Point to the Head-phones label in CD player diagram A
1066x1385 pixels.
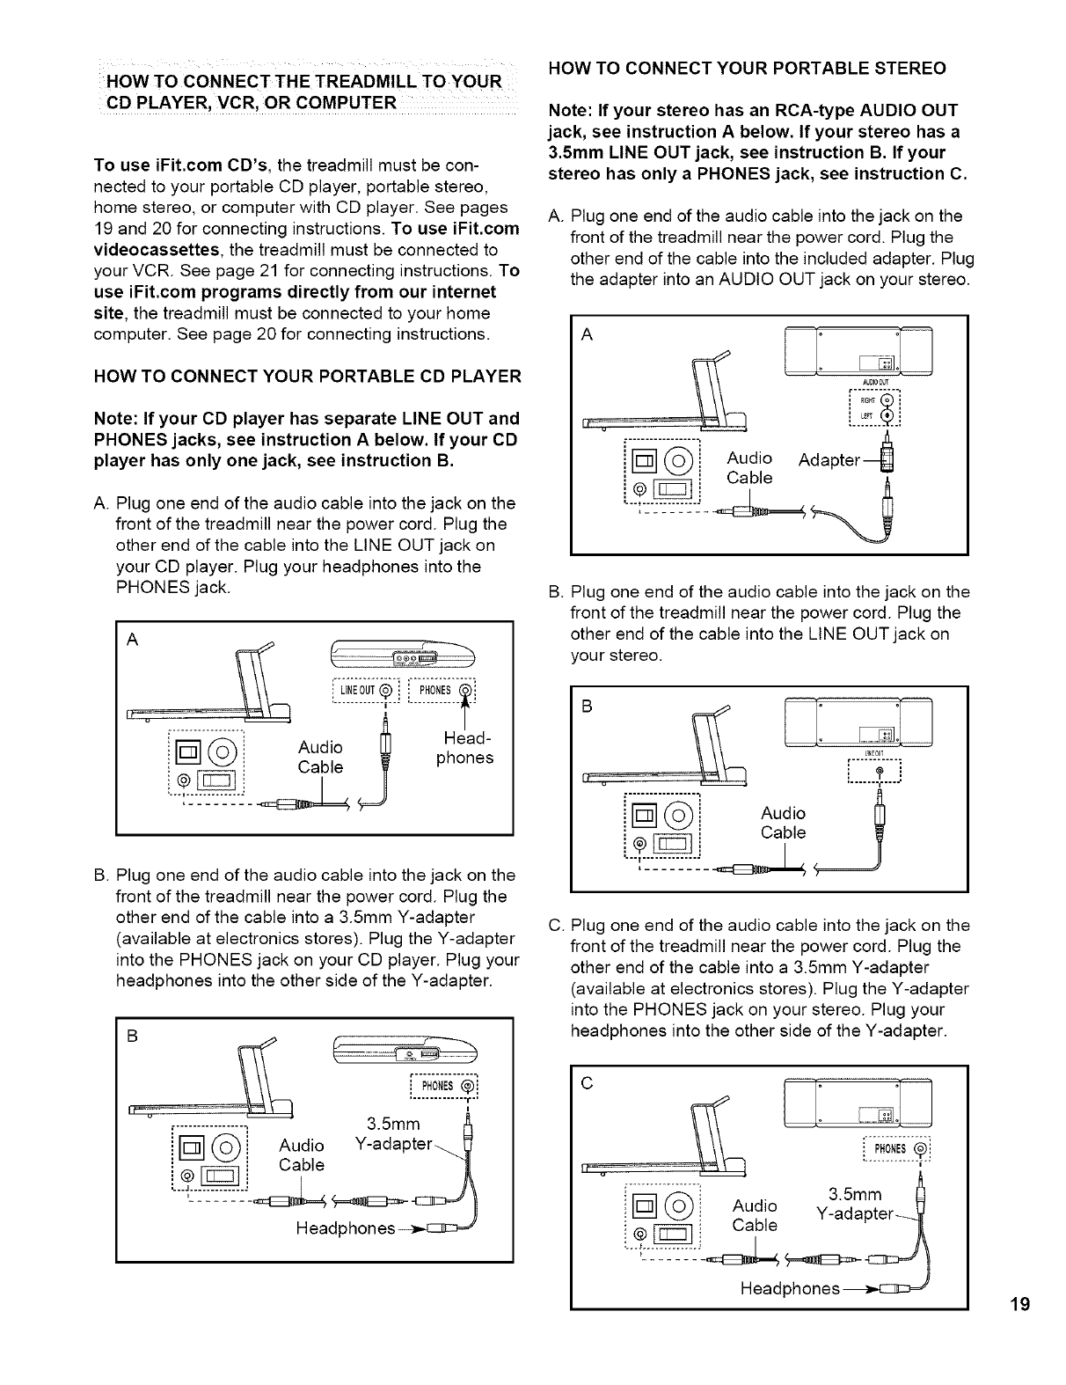[464, 749]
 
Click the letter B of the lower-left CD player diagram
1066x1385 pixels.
[133, 1036]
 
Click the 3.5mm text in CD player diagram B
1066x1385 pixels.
[394, 1124]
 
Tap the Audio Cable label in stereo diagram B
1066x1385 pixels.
[783, 823]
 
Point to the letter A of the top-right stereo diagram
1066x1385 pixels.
[588, 334]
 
